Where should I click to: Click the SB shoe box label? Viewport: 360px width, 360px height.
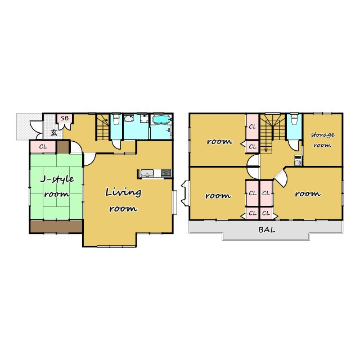[65, 119]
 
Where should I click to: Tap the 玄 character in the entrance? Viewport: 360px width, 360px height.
[54, 133]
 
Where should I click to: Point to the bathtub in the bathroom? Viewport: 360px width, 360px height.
[161, 120]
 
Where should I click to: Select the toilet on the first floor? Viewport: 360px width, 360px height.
[116, 119]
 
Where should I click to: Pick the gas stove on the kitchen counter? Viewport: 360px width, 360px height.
[166, 173]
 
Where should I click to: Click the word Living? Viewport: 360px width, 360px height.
[123, 192]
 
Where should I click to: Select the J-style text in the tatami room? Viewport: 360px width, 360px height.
[57, 179]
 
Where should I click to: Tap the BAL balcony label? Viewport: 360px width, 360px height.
[267, 229]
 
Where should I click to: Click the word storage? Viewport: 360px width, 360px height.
[322, 135]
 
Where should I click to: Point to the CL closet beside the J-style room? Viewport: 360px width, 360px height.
[43, 146]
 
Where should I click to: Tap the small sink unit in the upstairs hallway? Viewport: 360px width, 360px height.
[298, 160]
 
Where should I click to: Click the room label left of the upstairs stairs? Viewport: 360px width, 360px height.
[219, 141]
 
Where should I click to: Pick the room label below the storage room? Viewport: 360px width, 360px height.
[308, 194]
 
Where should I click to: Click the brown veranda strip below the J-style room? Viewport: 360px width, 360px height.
[56, 227]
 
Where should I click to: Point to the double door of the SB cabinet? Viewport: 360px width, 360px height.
[65, 126]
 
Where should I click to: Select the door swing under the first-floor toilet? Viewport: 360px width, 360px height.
[116, 145]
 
